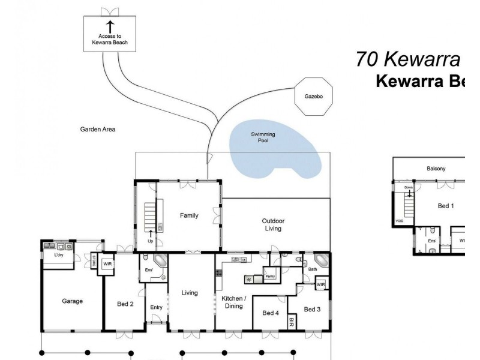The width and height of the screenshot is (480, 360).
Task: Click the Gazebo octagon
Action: point(314,96)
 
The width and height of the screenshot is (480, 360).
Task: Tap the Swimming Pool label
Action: point(263,137)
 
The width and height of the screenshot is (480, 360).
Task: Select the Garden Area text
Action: point(98,129)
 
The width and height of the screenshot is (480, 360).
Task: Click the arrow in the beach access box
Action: point(110,26)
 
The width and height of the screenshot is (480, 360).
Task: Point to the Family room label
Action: point(189,215)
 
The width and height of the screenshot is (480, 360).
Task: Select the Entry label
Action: point(157,307)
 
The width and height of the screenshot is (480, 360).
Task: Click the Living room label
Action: point(190,293)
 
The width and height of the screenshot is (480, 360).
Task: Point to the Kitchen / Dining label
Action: point(233,302)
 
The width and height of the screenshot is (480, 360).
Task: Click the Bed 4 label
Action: point(271,313)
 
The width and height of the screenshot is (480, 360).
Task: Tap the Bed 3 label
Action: point(313,309)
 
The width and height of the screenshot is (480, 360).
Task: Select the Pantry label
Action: point(270,277)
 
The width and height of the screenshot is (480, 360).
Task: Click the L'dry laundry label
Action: point(59,256)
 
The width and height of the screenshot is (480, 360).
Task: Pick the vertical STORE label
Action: point(94,262)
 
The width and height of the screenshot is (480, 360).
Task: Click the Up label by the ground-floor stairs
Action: point(150,242)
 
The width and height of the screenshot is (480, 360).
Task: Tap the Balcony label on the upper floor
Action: point(436,169)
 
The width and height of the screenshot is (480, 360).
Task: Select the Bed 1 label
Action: point(446,206)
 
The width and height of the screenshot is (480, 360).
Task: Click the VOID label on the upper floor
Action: point(400,221)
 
